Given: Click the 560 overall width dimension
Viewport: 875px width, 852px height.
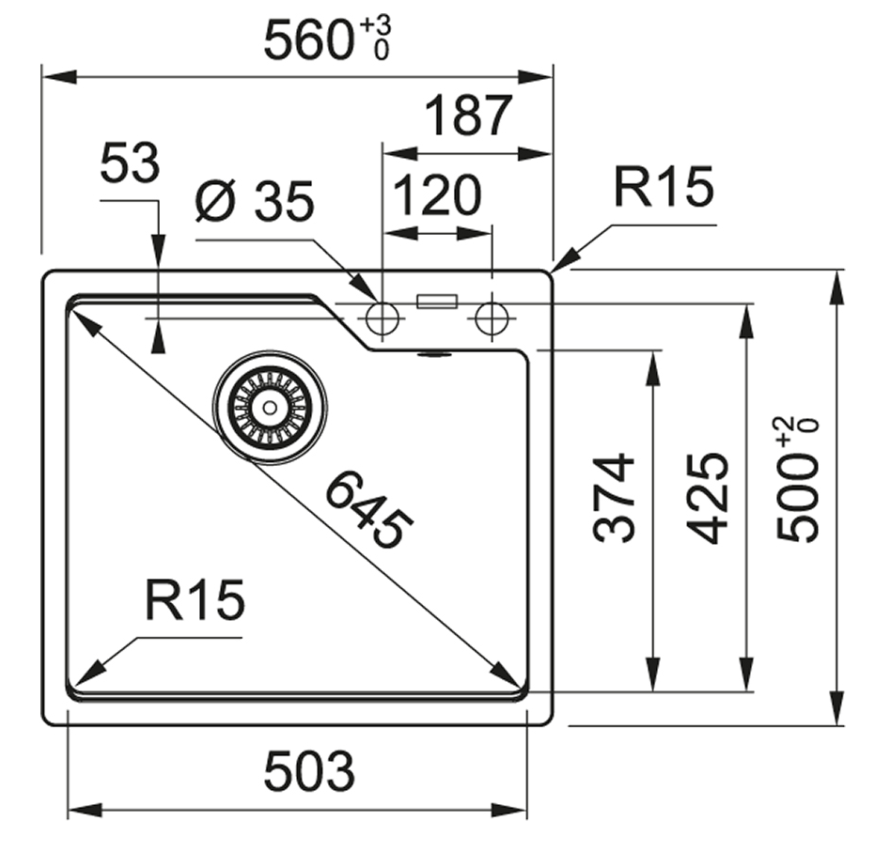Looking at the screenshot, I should pos(307,40).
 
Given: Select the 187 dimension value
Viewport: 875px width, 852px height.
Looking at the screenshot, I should pos(467,116).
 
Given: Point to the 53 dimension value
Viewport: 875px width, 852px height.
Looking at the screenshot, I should pos(130,164).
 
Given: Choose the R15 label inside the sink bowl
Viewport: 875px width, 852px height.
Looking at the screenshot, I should pos(195,600).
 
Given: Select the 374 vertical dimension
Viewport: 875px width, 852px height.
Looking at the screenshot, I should pos(615,498).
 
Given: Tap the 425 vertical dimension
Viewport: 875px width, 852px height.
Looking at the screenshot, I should pos(707,498).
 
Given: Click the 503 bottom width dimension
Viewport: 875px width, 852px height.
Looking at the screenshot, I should pos(309,772).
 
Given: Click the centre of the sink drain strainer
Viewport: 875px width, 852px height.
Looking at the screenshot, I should pos(270,407).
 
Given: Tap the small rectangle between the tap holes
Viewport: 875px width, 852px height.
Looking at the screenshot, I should pos(437,302).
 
